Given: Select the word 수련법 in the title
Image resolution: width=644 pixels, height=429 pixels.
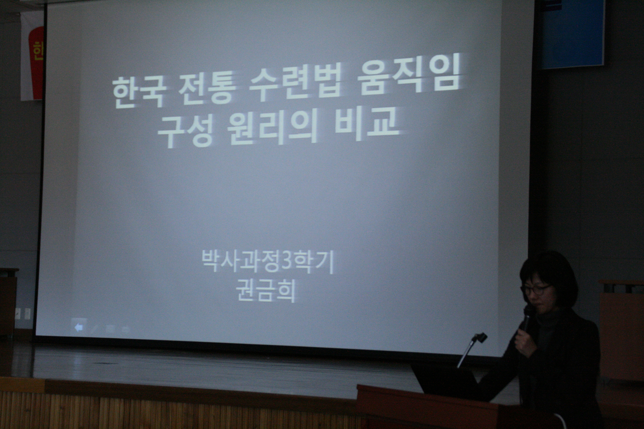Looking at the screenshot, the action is pos(295,82).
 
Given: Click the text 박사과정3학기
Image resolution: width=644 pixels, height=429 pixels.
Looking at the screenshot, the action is pos(267,262).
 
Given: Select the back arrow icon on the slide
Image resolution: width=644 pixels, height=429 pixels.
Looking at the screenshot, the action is pos(78,327).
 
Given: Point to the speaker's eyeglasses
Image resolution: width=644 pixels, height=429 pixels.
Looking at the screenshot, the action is pos(534,289).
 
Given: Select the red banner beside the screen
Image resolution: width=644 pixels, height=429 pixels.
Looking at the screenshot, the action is pos(36,63).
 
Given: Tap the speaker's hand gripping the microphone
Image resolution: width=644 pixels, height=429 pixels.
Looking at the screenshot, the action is pos(525,344).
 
